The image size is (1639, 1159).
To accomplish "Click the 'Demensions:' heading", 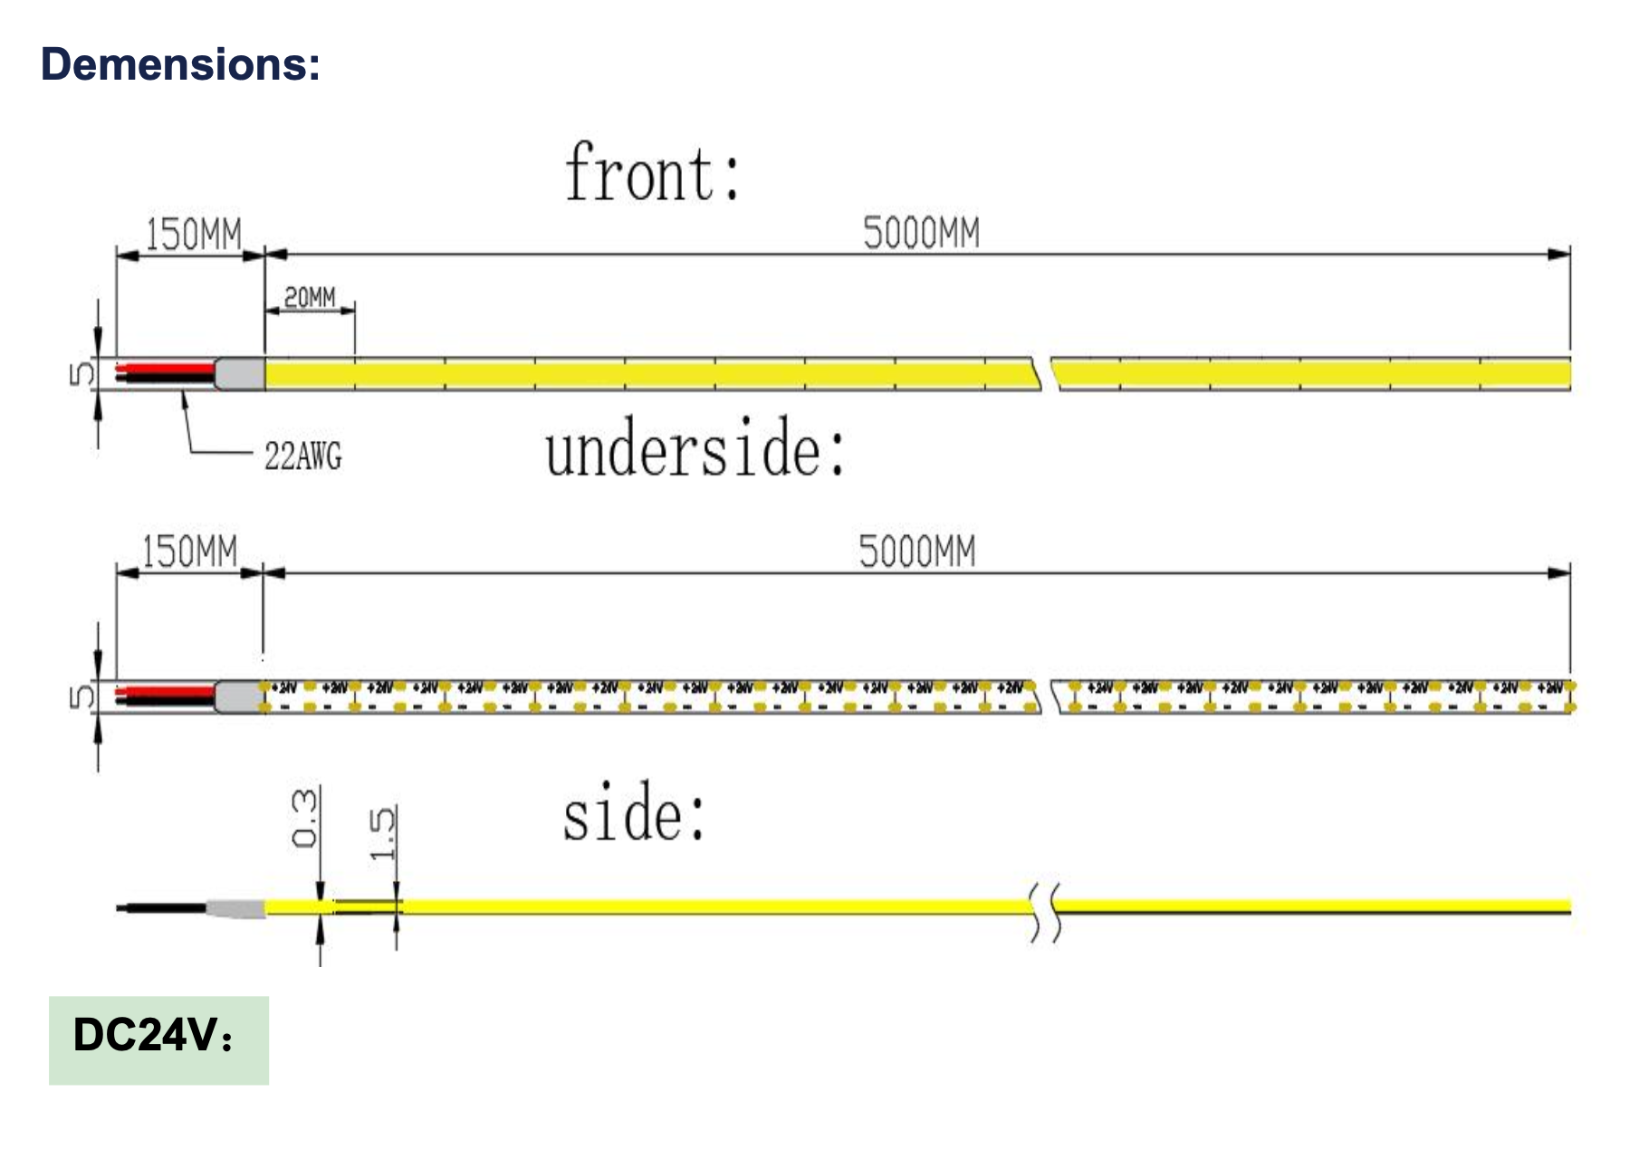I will pyautogui.click(x=180, y=64).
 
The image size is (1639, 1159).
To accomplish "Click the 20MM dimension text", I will pyautogui.click(x=310, y=297).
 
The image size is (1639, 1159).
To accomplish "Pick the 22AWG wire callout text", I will pyautogui.click(x=303, y=456).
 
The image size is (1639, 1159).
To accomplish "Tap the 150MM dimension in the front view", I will pyautogui.click(x=194, y=235).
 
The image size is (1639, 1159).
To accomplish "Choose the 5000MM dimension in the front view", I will pyautogui.click(x=921, y=234).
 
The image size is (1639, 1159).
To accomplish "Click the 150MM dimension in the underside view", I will pyautogui.click(x=190, y=552).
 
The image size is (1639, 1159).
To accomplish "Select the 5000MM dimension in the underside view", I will pyautogui.click(x=917, y=552).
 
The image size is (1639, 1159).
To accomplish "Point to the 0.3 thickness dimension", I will pyautogui.click(x=305, y=819).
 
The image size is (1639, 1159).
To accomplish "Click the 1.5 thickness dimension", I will pyautogui.click(x=382, y=833).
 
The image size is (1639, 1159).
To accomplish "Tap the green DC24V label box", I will pyautogui.click(x=158, y=1040).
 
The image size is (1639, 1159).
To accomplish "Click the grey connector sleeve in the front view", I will pyautogui.click(x=240, y=374).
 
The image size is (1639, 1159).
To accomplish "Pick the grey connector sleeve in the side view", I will pyautogui.click(x=235, y=908).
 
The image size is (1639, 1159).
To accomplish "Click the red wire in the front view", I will pyautogui.click(x=168, y=369).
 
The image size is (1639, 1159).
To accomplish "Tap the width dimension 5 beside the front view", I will pyautogui.click(x=81, y=374).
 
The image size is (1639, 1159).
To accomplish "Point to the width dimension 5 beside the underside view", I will pyautogui.click(x=81, y=696).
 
